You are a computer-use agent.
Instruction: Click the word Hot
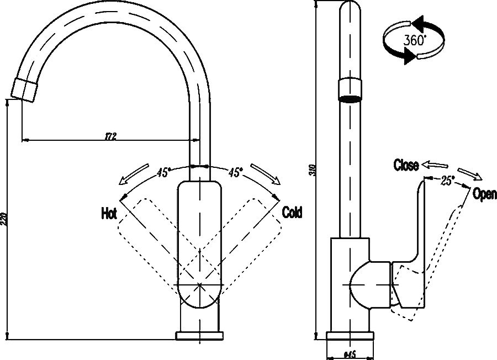[108, 214]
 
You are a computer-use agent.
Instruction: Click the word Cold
[292, 212]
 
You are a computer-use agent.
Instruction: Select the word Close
[406, 165]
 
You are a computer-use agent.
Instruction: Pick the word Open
[484, 194]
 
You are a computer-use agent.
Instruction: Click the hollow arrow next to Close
[434, 165]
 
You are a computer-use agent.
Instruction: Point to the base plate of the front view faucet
[200, 335]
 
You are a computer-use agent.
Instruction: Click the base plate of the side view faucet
[349, 336]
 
